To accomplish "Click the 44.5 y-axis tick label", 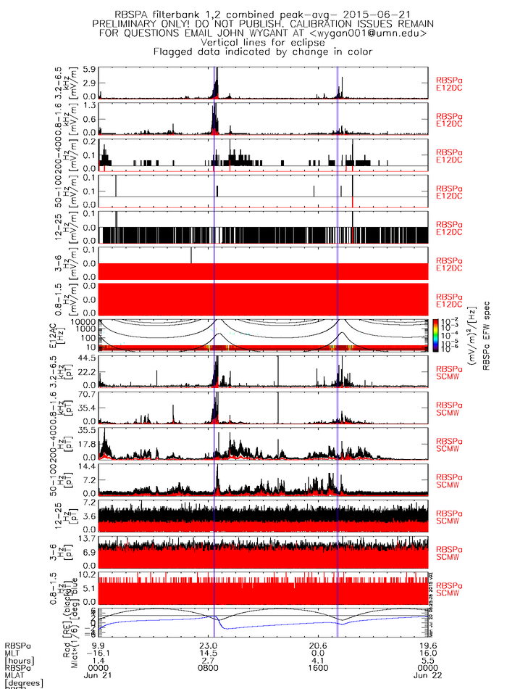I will click(x=88, y=358).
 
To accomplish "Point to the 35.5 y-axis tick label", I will click(x=88, y=430).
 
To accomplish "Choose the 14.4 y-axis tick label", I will click(x=88, y=466).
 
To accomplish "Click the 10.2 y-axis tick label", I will click(x=88, y=574).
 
